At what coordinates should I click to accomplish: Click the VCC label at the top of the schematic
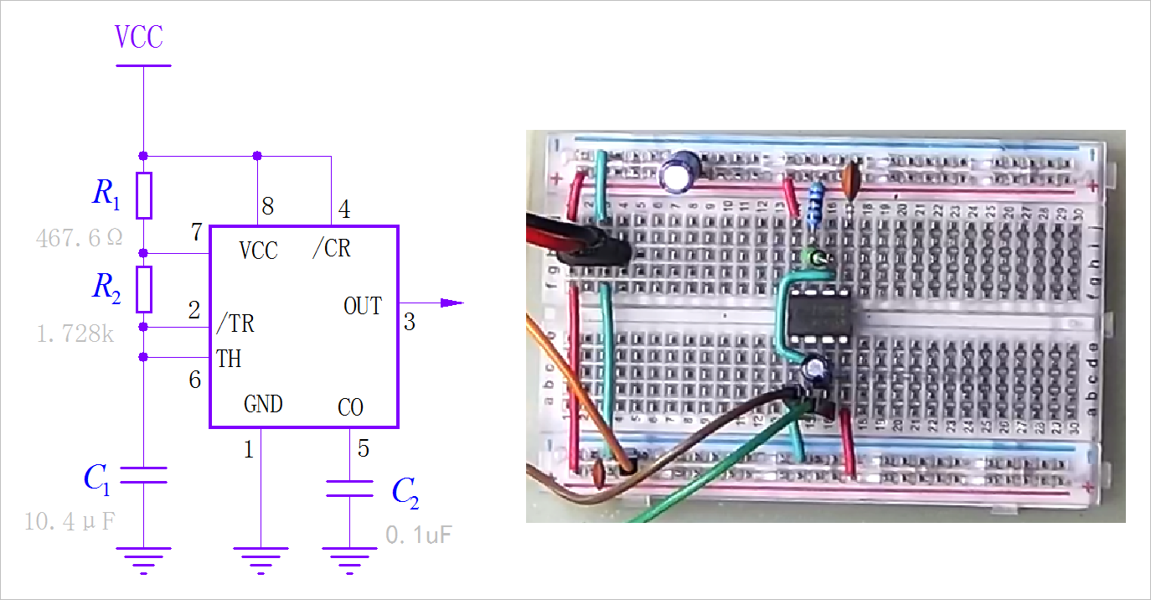[x=139, y=37]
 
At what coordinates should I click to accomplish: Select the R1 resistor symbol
[x=144, y=194]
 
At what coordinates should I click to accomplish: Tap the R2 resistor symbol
[x=144, y=289]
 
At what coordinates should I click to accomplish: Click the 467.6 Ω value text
[x=79, y=238]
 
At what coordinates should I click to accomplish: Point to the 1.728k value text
[x=75, y=334]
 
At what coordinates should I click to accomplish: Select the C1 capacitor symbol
[x=144, y=475]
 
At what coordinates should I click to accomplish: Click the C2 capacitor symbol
[x=349, y=488]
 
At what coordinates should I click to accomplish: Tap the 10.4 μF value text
[x=70, y=522]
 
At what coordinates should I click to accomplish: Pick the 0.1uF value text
[x=419, y=534]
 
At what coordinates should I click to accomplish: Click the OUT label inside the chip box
[x=363, y=306]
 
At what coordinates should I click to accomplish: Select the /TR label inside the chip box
[x=235, y=323]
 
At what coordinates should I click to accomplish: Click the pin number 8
[x=267, y=207]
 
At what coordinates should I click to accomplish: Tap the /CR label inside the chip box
[x=331, y=249]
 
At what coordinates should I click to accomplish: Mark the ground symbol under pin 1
[x=261, y=558]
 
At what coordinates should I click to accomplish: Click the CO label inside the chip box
[x=350, y=408]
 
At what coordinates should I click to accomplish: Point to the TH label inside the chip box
[x=229, y=359]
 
